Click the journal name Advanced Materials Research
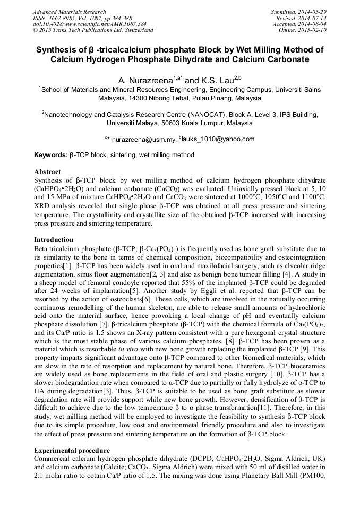click(x=69, y=12)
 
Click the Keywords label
click(x=51, y=155)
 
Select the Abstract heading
click(x=48, y=172)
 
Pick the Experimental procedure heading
click(x=72, y=451)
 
